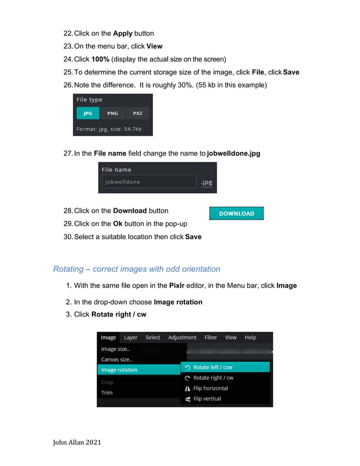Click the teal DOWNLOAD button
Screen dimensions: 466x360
[236, 214]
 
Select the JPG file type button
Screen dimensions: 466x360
[87, 113]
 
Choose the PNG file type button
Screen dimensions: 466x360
[112, 113]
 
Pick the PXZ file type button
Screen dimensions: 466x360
[138, 113]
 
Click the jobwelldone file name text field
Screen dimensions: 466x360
[148, 182]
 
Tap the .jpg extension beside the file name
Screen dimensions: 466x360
[207, 182]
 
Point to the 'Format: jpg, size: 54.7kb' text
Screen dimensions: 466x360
[109, 129]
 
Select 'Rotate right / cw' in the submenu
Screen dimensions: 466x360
[213, 378]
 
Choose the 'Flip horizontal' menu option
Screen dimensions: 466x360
[210, 388]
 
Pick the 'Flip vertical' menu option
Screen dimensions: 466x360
[207, 399]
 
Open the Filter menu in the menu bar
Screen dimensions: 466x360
[210, 337]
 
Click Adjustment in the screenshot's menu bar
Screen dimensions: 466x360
[182, 337]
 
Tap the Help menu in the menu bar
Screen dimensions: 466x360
[250, 337]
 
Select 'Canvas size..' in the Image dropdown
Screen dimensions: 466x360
[116, 359]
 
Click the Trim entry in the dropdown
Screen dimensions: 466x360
[107, 393]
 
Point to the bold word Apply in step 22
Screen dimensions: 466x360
[122, 33]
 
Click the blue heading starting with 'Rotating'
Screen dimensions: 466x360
[137, 269]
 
